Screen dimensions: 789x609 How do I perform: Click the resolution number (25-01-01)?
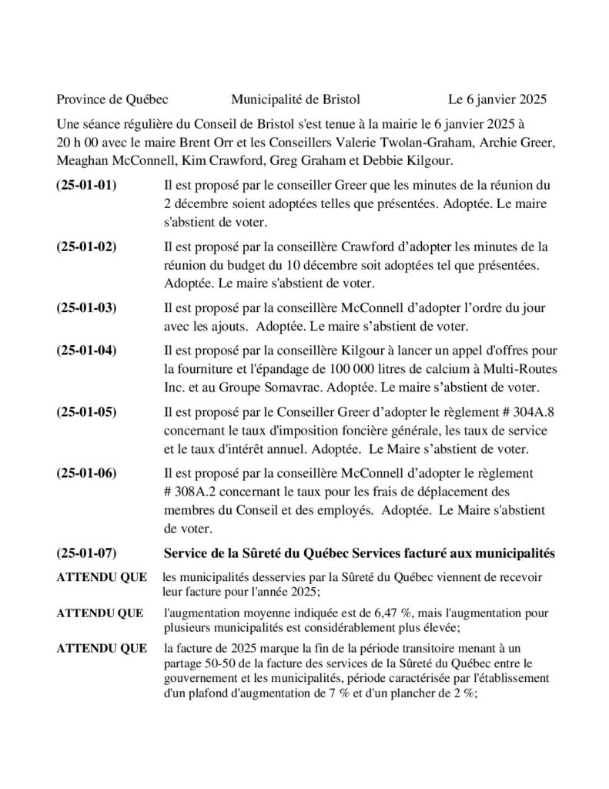click(87, 186)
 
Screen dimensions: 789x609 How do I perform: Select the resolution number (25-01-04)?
click(87, 351)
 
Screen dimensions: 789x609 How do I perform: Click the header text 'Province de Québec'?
click(112, 99)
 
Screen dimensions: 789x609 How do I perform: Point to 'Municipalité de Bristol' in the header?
click(295, 99)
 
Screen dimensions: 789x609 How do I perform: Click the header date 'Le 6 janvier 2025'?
click(497, 99)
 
